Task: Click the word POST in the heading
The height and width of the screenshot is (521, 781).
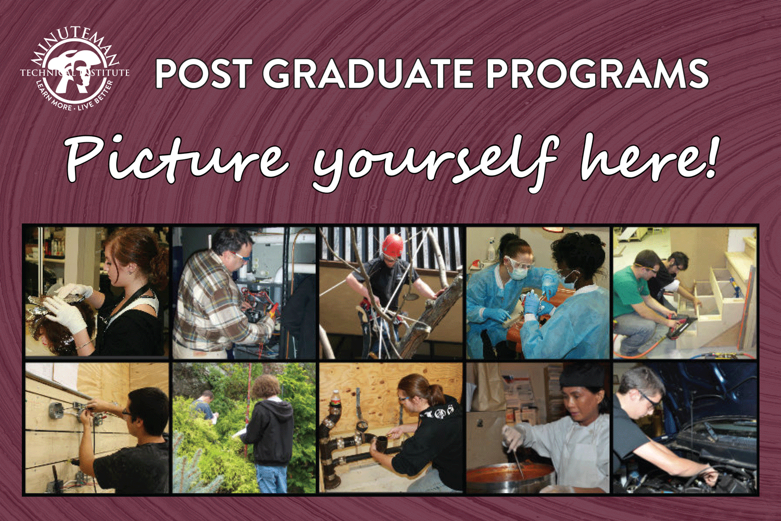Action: click(x=198, y=75)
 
